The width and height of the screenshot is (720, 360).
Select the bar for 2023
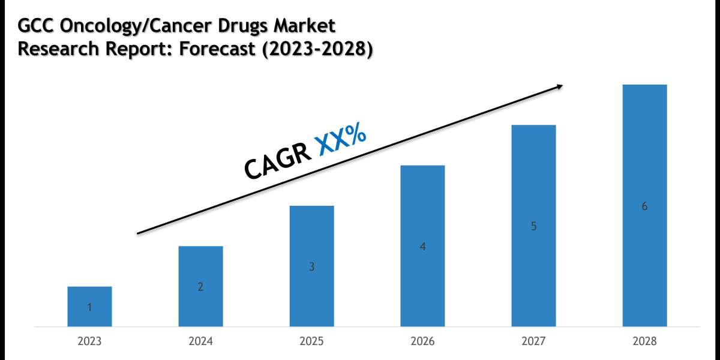click(89, 307)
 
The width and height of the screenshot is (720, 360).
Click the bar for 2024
click(200, 286)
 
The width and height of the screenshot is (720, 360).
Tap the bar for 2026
click(422, 246)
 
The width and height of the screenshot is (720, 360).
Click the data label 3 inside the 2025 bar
click(311, 267)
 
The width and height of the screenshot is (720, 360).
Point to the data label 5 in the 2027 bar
click(533, 227)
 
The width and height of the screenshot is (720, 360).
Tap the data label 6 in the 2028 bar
click(644, 206)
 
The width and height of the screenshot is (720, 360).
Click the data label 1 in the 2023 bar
click(89, 308)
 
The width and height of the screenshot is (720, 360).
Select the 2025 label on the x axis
click(311, 341)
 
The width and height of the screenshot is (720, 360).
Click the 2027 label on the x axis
click(533, 341)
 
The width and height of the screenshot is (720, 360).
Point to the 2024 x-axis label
click(200, 341)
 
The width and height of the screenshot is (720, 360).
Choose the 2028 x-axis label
click(644, 341)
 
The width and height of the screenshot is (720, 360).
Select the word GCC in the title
click(36, 26)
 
